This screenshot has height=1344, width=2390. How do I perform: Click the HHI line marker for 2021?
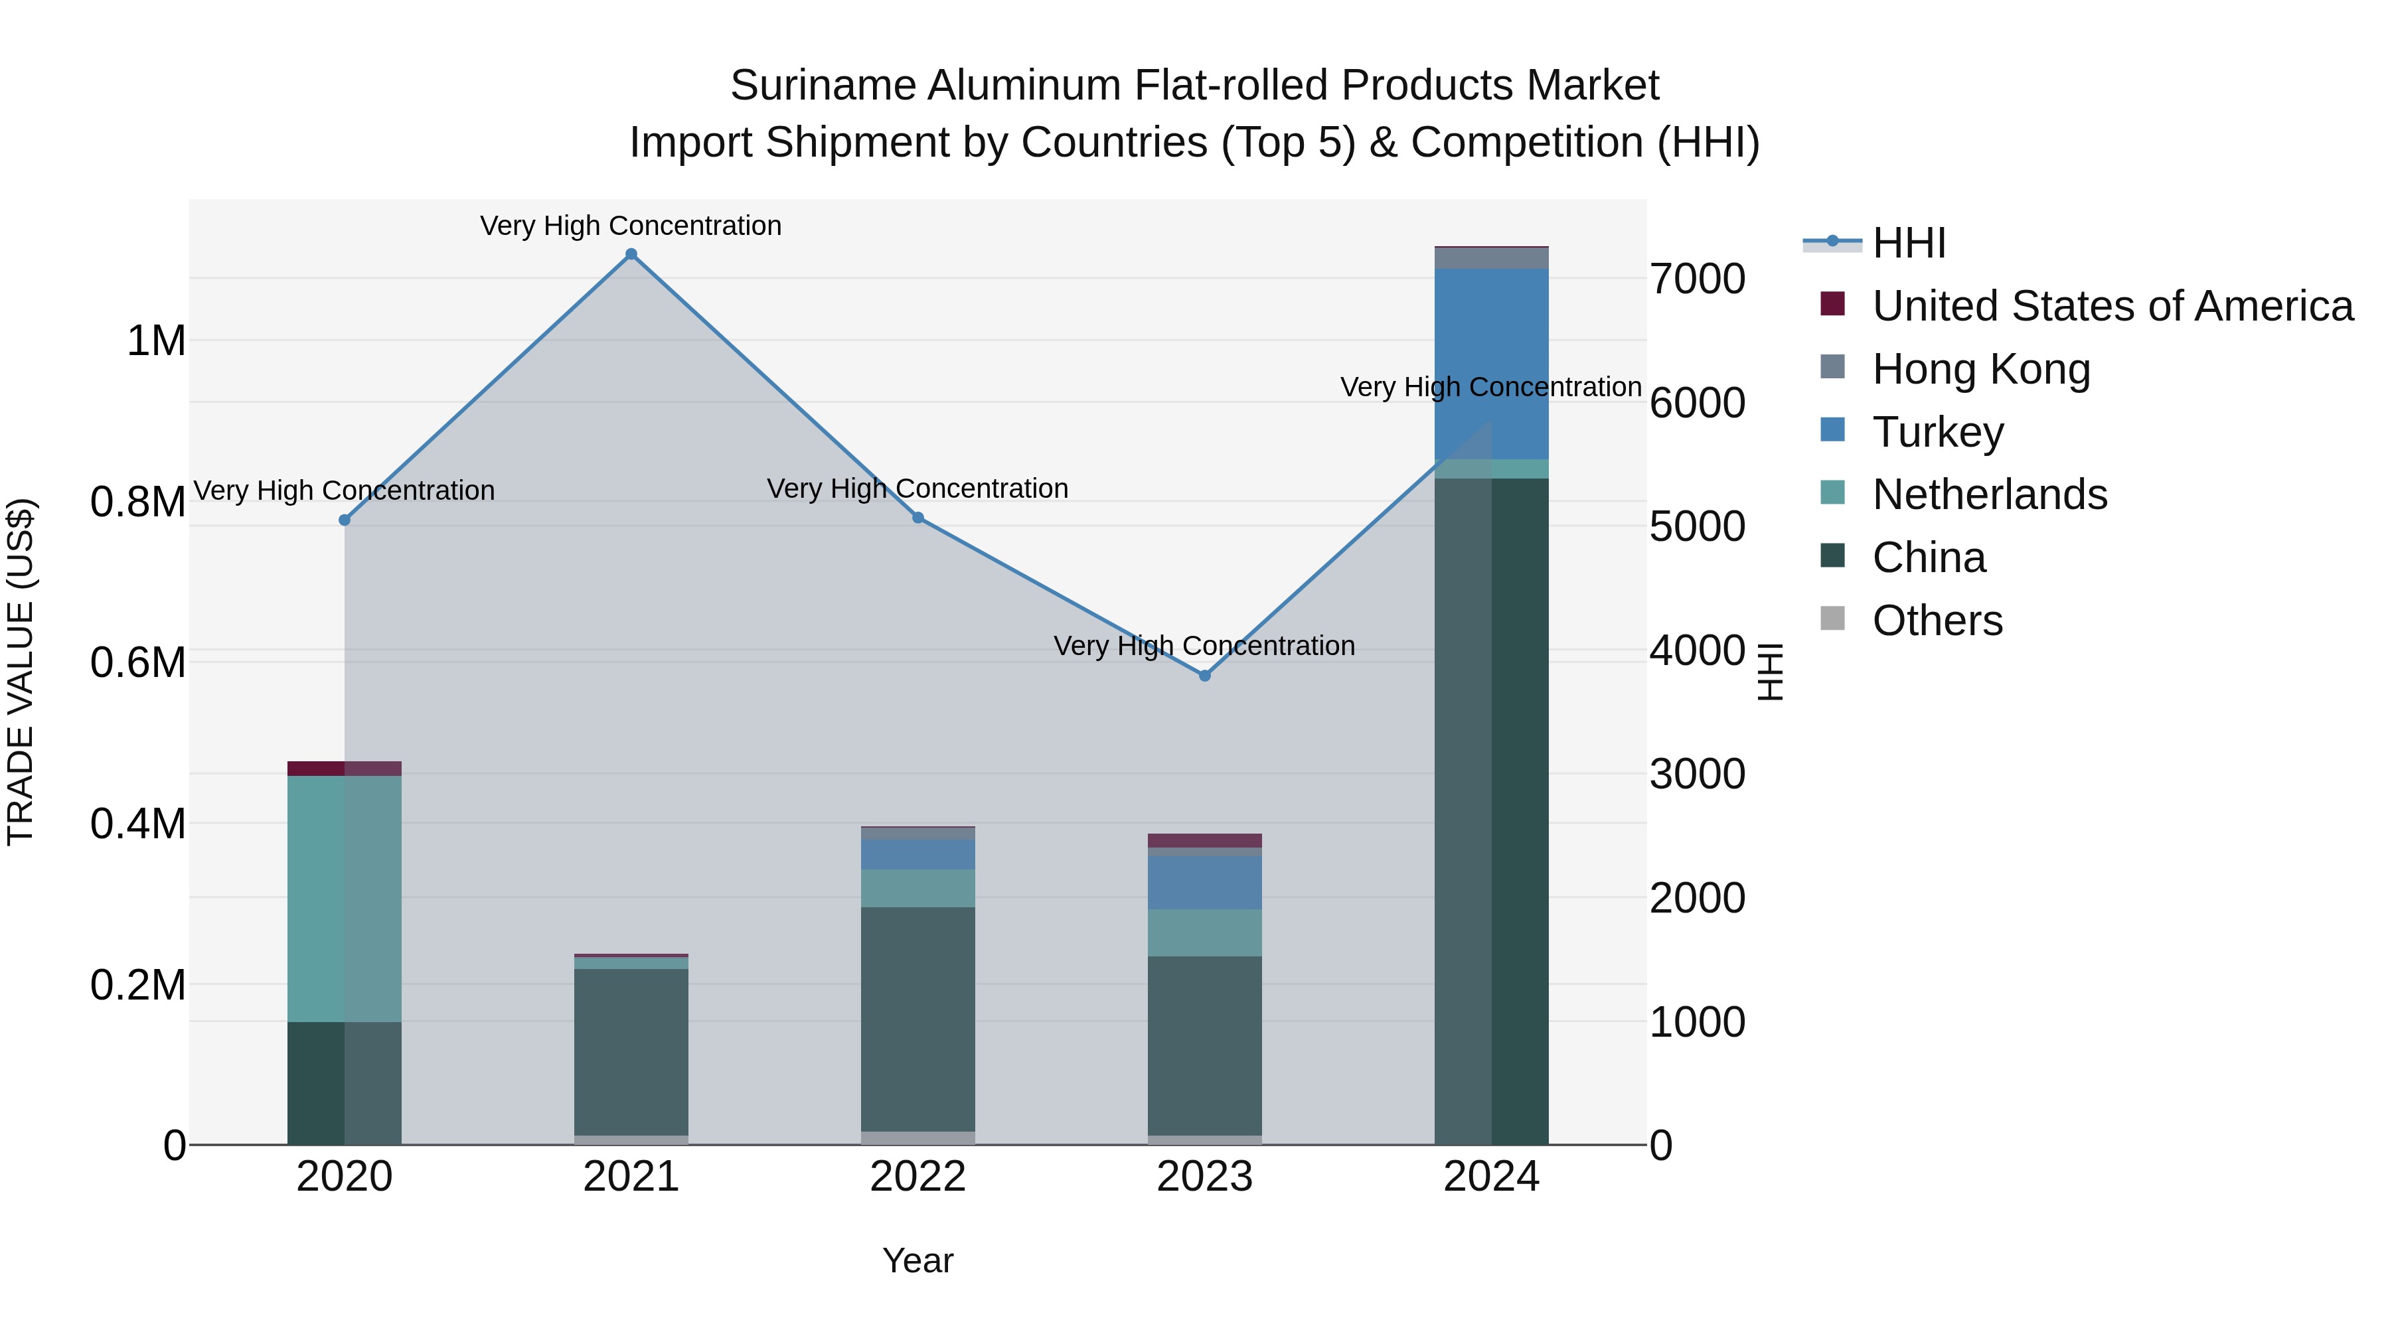(x=631, y=254)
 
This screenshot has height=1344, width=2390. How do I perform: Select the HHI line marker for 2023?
(x=1204, y=675)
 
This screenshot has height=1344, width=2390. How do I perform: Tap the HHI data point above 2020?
(x=344, y=520)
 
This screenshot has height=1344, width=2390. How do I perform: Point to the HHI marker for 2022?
(x=917, y=518)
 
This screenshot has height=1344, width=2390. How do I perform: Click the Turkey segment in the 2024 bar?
(x=1491, y=364)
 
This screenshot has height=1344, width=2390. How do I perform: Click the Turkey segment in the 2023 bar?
(x=1204, y=882)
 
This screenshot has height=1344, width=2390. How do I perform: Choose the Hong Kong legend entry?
(x=1981, y=369)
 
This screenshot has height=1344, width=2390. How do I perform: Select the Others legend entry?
(x=1937, y=621)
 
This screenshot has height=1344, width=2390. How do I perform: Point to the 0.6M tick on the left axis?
(x=137, y=662)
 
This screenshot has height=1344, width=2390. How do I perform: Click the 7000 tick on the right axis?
(x=1697, y=279)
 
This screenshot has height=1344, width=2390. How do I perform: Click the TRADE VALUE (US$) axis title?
(x=21, y=672)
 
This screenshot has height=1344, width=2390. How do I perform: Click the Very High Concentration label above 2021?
(x=631, y=226)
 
